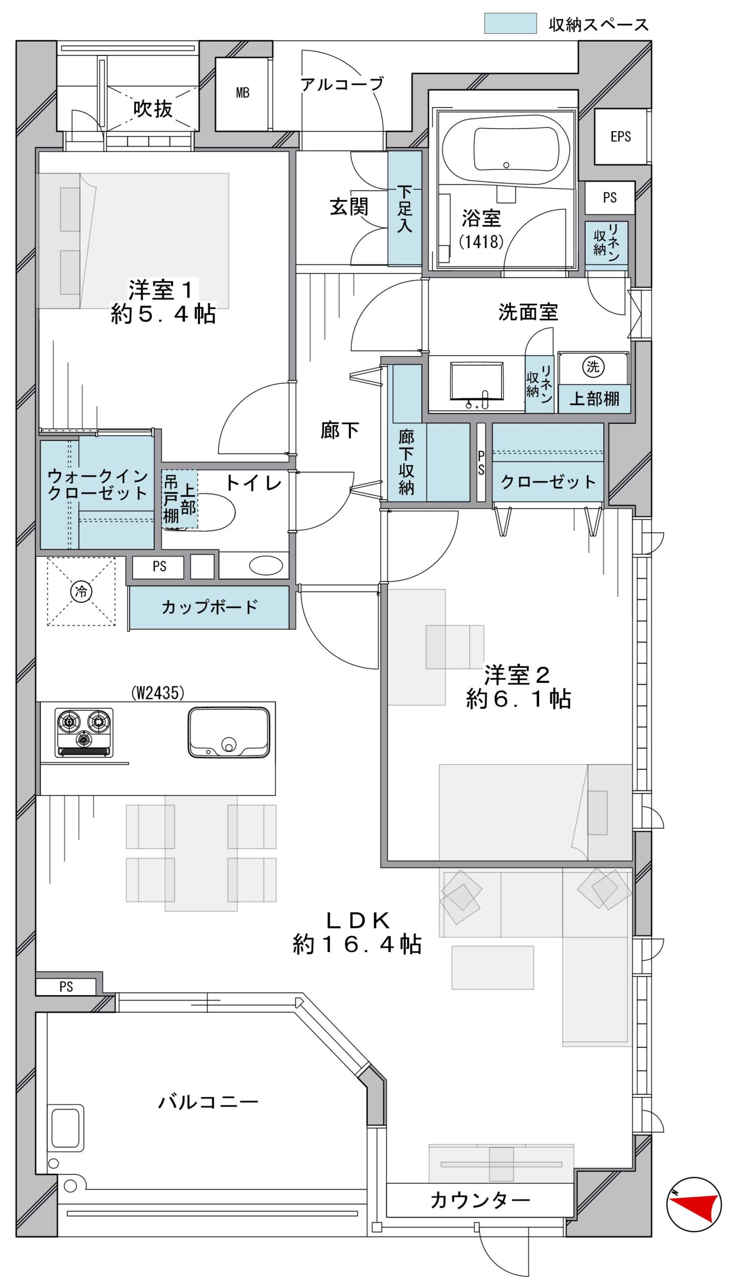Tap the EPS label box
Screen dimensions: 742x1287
click(x=620, y=136)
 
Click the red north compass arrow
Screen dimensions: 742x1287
click(x=694, y=1205)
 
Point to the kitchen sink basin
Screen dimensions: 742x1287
click(x=229, y=732)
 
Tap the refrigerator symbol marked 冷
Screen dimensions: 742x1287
click(x=81, y=591)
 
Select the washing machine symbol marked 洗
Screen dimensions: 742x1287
click(x=593, y=367)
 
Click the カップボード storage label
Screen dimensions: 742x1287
click(x=210, y=607)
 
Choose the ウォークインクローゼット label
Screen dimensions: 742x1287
click(x=98, y=485)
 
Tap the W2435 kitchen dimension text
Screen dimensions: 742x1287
click(x=157, y=692)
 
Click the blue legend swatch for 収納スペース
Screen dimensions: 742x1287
click(x=510, y=24)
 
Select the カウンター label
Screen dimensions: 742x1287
click(x=480, y=1201)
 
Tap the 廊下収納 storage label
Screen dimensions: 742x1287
click(x=406, y=462)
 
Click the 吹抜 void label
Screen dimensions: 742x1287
click(x=153, y=109)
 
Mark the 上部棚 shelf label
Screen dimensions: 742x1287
click(x=594, y=399)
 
